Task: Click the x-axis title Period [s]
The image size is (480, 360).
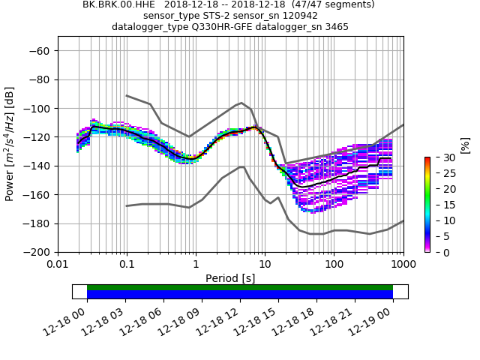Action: [230, 278]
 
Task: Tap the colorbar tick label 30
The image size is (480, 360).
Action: [442, 158]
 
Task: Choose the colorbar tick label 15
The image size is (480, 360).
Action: [442, 205]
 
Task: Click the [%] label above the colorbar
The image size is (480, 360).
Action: [465, 145]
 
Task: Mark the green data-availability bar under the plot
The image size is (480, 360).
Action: [240, 287]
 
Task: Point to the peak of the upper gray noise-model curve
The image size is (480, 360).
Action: [241, 103]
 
